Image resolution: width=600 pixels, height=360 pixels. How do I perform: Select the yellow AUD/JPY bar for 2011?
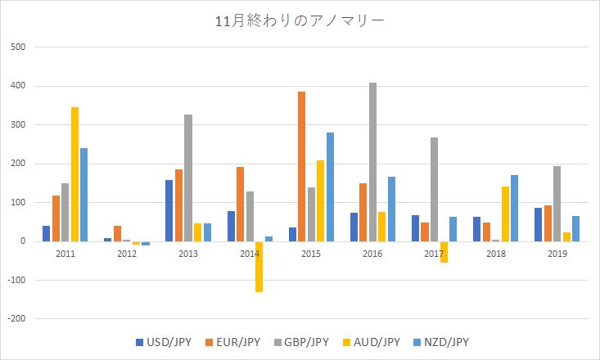point(74,174)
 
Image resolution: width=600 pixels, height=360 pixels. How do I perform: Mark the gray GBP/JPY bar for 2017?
point(434,189)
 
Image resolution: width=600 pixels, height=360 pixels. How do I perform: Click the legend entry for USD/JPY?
point(164,342)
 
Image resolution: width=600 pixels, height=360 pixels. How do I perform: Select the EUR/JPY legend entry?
point(234,342)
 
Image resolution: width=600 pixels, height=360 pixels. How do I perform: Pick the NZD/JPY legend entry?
point(441,342)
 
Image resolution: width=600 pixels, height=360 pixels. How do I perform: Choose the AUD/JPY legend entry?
point(372,342)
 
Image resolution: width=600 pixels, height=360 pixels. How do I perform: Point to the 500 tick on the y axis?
point(20,47)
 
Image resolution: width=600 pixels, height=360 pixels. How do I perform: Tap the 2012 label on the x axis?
point(127,254)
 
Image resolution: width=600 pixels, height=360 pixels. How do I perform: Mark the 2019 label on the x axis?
point(557,254)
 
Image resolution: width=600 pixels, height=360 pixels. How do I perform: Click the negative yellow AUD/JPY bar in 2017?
point(444,252)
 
